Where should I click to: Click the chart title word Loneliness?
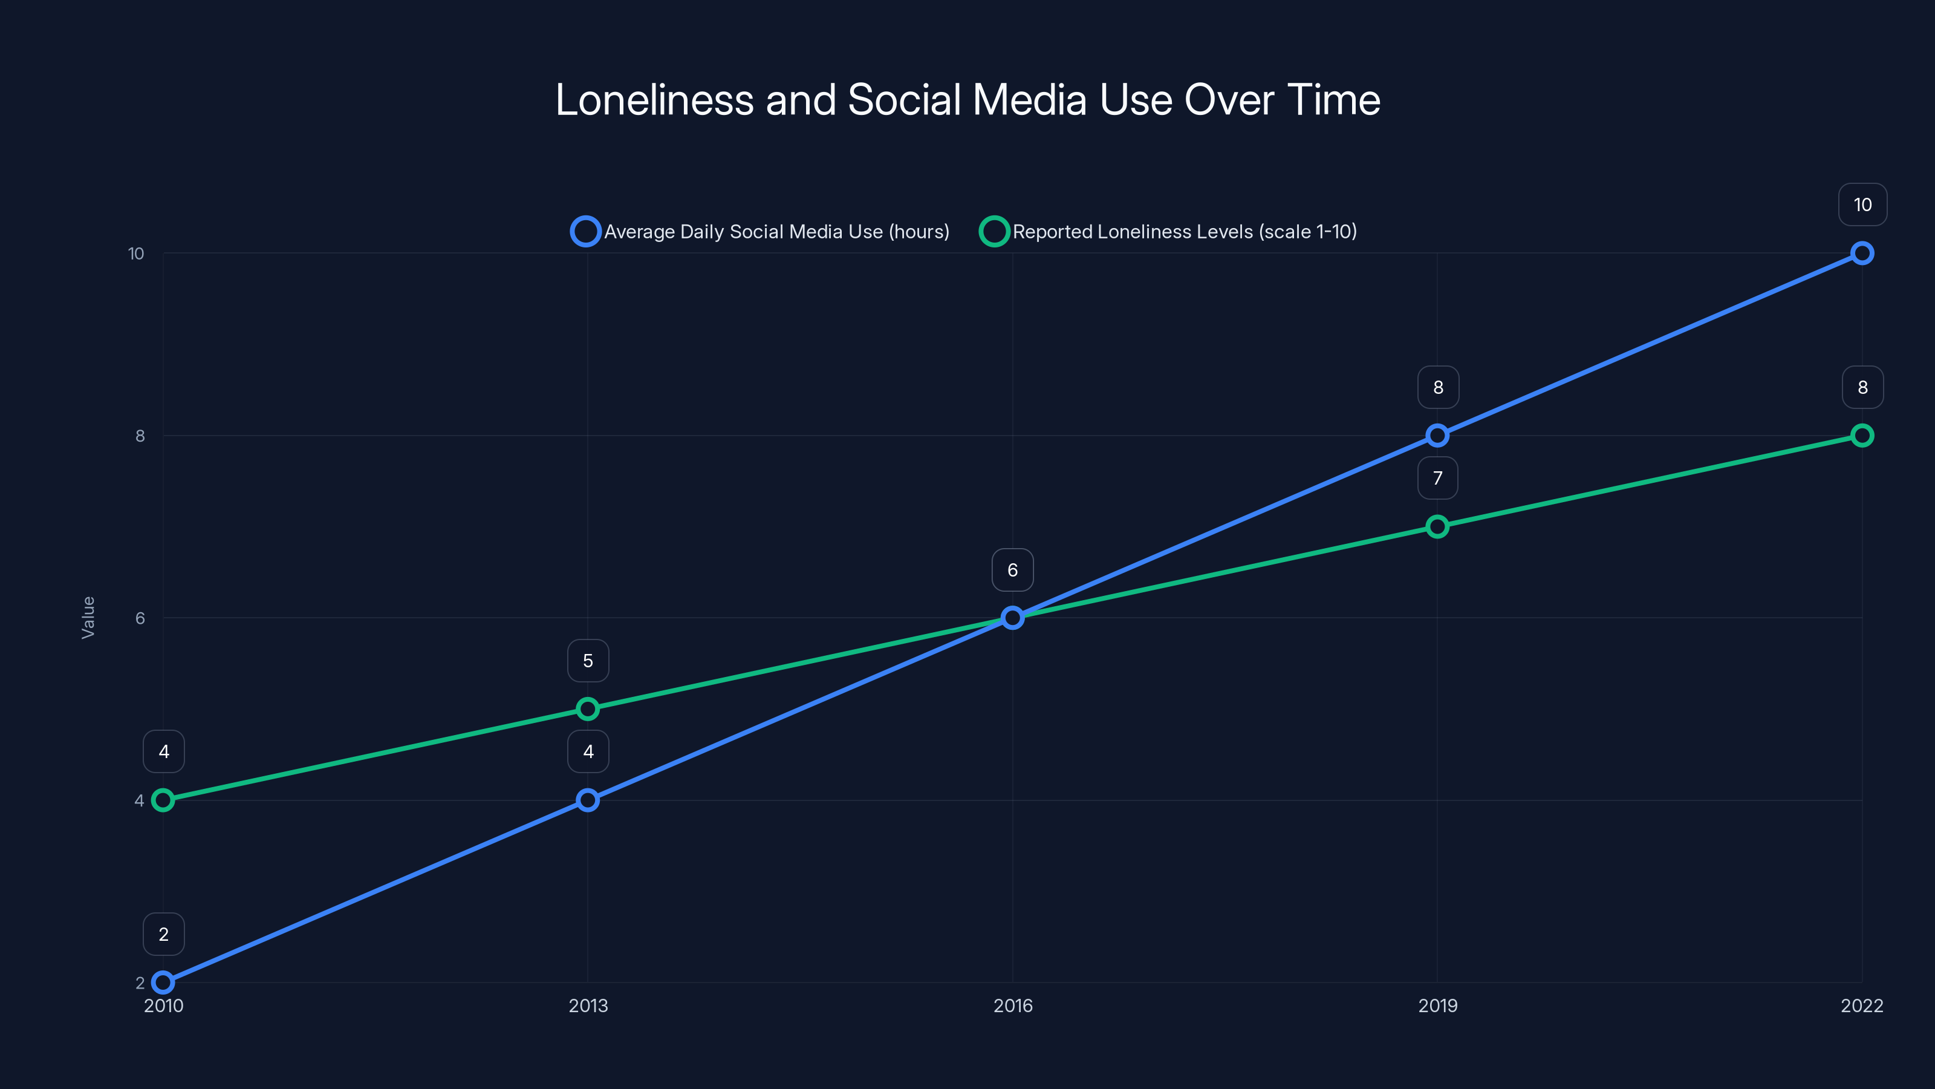pos(654,100)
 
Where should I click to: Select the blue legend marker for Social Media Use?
pos(585,232)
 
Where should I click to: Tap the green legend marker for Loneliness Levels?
pos(994,232)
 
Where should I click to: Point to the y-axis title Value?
pos(88,617)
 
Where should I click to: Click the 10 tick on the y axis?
pos(136,253)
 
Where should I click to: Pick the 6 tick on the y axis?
pos(140,618)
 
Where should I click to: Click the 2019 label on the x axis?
pos(1437,1006)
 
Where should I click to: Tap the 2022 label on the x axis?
pos(1861,1006)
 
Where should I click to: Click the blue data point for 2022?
pos(1861,253)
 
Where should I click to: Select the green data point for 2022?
pos(1861,435)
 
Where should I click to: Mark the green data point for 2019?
pos(1437,526)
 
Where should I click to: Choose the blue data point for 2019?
pos(1437,435)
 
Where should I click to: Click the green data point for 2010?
pos(163,800)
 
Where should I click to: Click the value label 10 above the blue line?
pos(1862,204)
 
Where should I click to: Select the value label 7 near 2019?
pos(1437,478)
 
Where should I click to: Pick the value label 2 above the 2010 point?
pos(164,934)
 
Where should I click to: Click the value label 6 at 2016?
pos(1013,570)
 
